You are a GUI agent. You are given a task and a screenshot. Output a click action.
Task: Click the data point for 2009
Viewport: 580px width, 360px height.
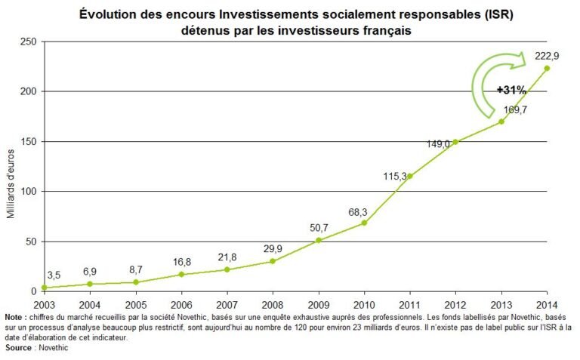318,240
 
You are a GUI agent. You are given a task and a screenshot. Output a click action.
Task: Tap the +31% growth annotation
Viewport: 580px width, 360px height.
511,90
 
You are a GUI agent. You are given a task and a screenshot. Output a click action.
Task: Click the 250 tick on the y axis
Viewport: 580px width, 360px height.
28,42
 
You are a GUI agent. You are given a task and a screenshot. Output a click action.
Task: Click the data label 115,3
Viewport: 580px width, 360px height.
394,176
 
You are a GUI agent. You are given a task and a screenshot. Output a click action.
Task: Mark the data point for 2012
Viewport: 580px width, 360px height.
455,142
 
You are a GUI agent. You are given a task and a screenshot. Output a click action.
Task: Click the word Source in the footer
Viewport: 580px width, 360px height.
17,348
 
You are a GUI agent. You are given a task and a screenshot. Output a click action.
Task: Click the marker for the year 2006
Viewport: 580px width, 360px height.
180,274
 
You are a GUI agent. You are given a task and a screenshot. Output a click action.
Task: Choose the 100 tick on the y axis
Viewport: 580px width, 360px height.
28,191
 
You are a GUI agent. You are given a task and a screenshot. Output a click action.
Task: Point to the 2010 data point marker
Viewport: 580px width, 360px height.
364,223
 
